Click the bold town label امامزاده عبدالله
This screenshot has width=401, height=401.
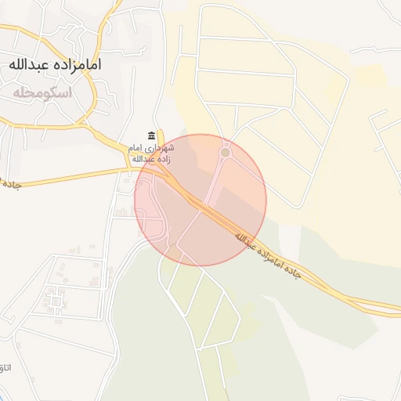coord(55,64)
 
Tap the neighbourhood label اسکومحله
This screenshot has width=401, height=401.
coord(42,92)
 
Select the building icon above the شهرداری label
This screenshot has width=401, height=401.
coord(151,135)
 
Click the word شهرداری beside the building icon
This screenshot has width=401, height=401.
coord(161,147)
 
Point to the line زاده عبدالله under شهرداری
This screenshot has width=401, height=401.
coord(151,159)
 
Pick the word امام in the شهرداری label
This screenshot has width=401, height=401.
coord(136,147)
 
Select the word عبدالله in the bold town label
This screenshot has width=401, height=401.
coord(31,64)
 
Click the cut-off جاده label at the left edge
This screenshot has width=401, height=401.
coord(9,185)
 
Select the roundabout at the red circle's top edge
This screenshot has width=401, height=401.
coord(226,153)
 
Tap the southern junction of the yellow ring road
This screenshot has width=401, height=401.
coord(85,124)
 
